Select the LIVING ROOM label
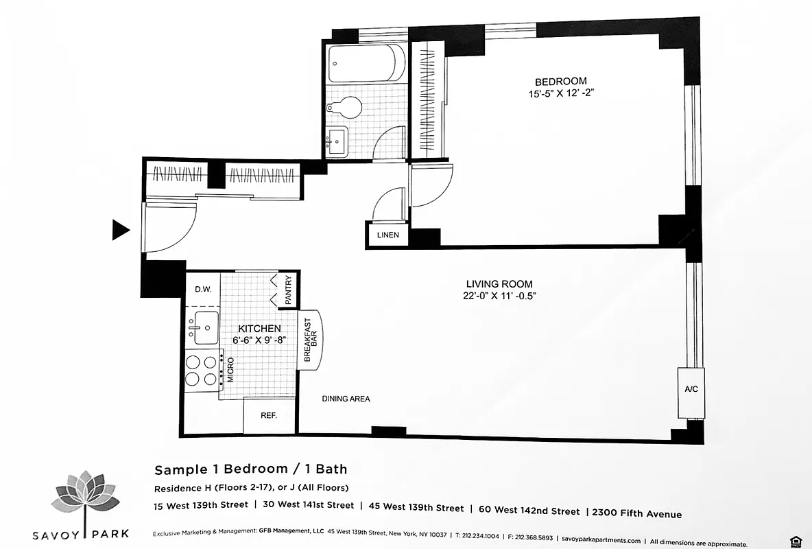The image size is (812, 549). click(x=499, y=284)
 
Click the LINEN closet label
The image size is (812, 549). click(x=387, y=235)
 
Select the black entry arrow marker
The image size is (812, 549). click(x=121, y=231)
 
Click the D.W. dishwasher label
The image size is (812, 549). click(x=202, y=289)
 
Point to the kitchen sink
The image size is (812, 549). click(x=204, y=327)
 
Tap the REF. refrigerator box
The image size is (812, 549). click(x=269, y=416)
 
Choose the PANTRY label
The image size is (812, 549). click(x=289, y=290)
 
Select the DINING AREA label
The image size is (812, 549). click(x=346, y=399)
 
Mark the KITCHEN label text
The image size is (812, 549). click(x=259, y=329)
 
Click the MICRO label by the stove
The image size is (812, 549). click(x=231, y=369)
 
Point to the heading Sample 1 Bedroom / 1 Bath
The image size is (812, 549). click(x=251, y=470)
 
